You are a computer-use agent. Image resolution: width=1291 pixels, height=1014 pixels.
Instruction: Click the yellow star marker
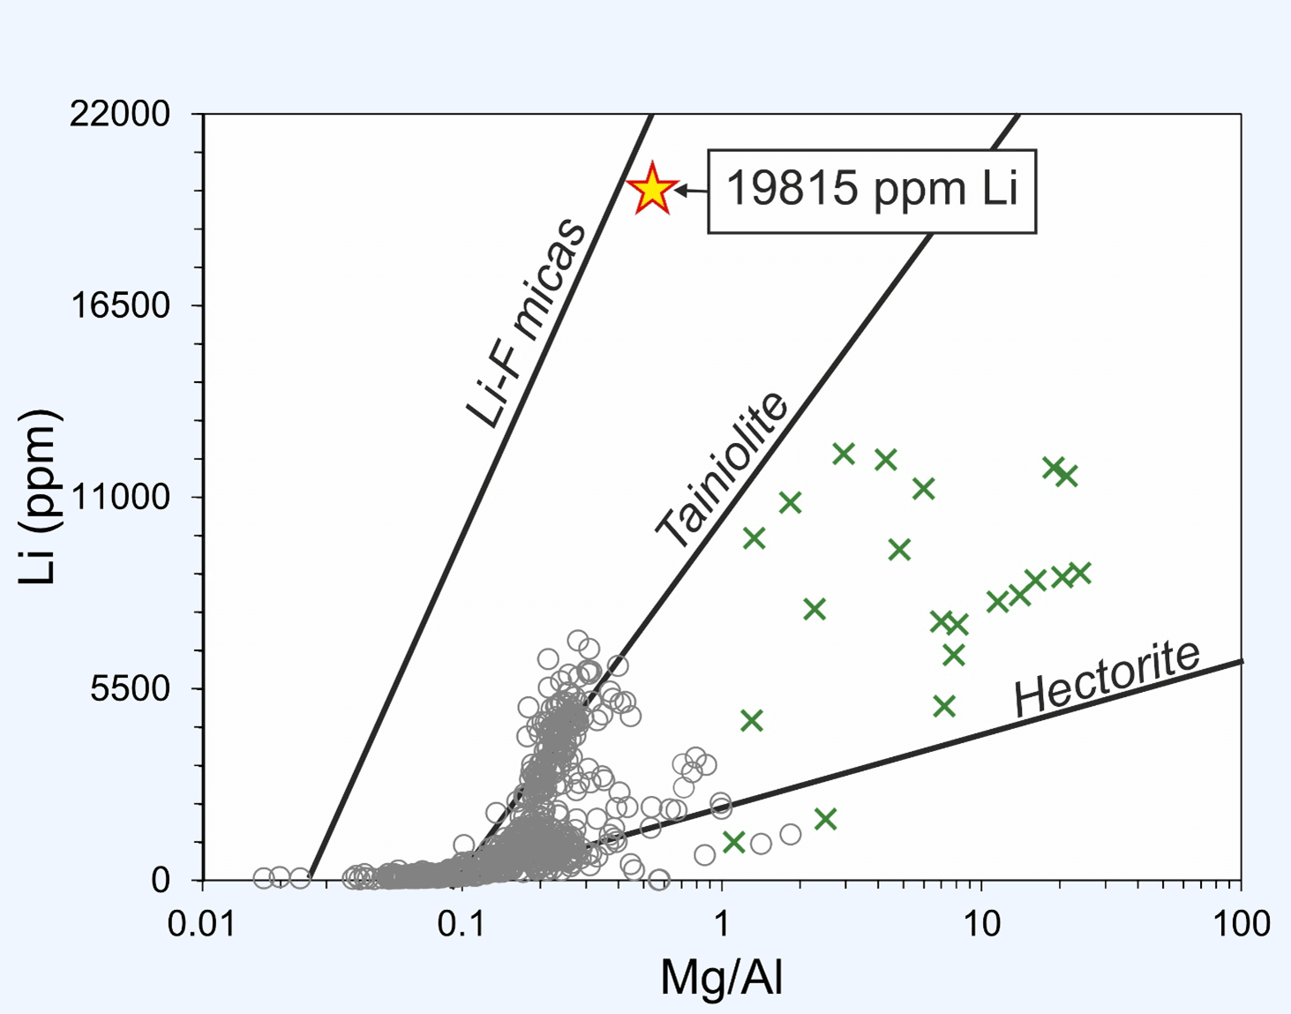pos(652,188)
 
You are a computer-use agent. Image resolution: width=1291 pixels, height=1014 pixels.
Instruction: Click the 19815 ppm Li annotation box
pos(871,191)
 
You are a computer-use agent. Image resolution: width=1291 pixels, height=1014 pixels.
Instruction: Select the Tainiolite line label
pos(722,469)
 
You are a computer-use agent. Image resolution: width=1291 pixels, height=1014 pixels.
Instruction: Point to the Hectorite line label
pos(1107,678)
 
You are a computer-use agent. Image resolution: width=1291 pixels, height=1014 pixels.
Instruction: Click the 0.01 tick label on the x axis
pos(203,924)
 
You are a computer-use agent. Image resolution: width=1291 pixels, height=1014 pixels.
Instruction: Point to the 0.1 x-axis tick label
pos(462,924)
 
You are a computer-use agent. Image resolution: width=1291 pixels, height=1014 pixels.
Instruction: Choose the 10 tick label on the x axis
pos(981,924)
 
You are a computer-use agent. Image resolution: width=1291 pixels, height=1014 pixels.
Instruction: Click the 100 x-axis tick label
pos(1241,924)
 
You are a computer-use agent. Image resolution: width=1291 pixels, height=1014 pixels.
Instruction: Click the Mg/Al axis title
pos(722,977)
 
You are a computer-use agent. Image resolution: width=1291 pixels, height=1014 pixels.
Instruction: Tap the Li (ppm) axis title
pos(40,497)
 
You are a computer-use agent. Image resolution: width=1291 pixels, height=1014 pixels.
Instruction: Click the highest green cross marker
pos(844,454)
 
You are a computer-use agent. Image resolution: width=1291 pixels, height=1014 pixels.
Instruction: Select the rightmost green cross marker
pos(1080,574)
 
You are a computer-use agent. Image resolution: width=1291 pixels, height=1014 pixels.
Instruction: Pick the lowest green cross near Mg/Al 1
pos(733,841)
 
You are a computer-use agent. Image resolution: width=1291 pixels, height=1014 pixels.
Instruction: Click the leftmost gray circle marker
pos(263,877)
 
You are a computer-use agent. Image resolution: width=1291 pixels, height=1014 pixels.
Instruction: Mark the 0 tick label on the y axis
pos(161,881)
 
